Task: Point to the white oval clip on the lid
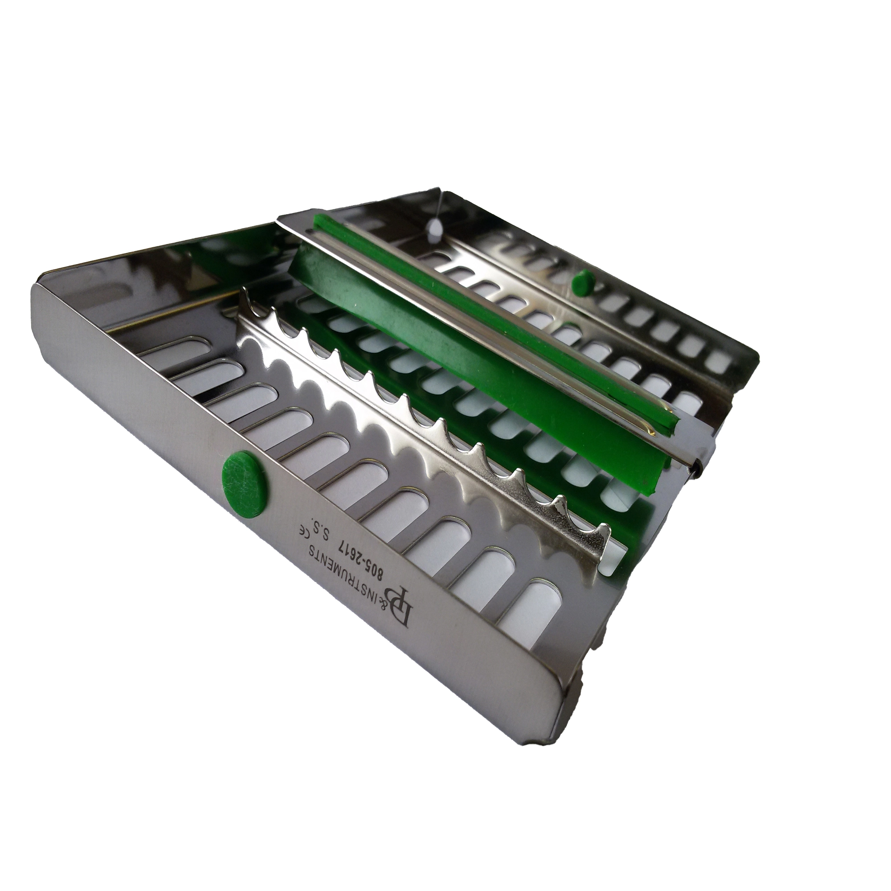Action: pyautogui.click(x=433, y=227)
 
